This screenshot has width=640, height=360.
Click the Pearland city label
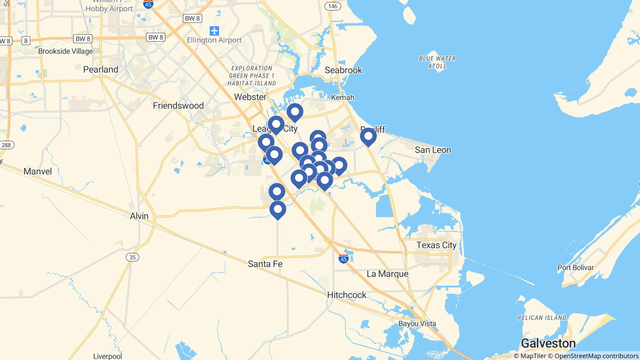(x=101, y=69)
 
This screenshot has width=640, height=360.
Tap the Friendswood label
(x=178, y=106)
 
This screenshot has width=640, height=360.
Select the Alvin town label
(x=139, y=216)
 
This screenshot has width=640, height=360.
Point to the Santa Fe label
(x=265, y=264)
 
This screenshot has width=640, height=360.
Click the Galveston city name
(x=548, y=343)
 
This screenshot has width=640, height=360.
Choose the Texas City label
(x=436, y=245)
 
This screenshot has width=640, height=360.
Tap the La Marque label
(x=387, y=274)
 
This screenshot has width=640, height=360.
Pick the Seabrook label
(x=343, y=70)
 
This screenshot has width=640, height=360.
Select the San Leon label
(x=433, y=150)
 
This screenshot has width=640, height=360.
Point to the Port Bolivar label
(x=575, y=267)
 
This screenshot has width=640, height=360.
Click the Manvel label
(x=38, y=171)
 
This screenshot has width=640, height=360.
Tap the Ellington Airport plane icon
(x=214, y=31)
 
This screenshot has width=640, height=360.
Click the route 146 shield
(x=332, y=6)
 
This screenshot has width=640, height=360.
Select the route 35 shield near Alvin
(x=132, y=257)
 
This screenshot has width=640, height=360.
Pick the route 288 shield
(x=6, y=145)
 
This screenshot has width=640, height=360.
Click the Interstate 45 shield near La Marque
(x=343, y=259)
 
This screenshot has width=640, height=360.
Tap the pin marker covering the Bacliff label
(x=368, y=137)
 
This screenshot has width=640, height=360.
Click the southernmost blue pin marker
(x=277, y=210)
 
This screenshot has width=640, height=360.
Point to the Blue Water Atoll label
(x=437, y=62)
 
